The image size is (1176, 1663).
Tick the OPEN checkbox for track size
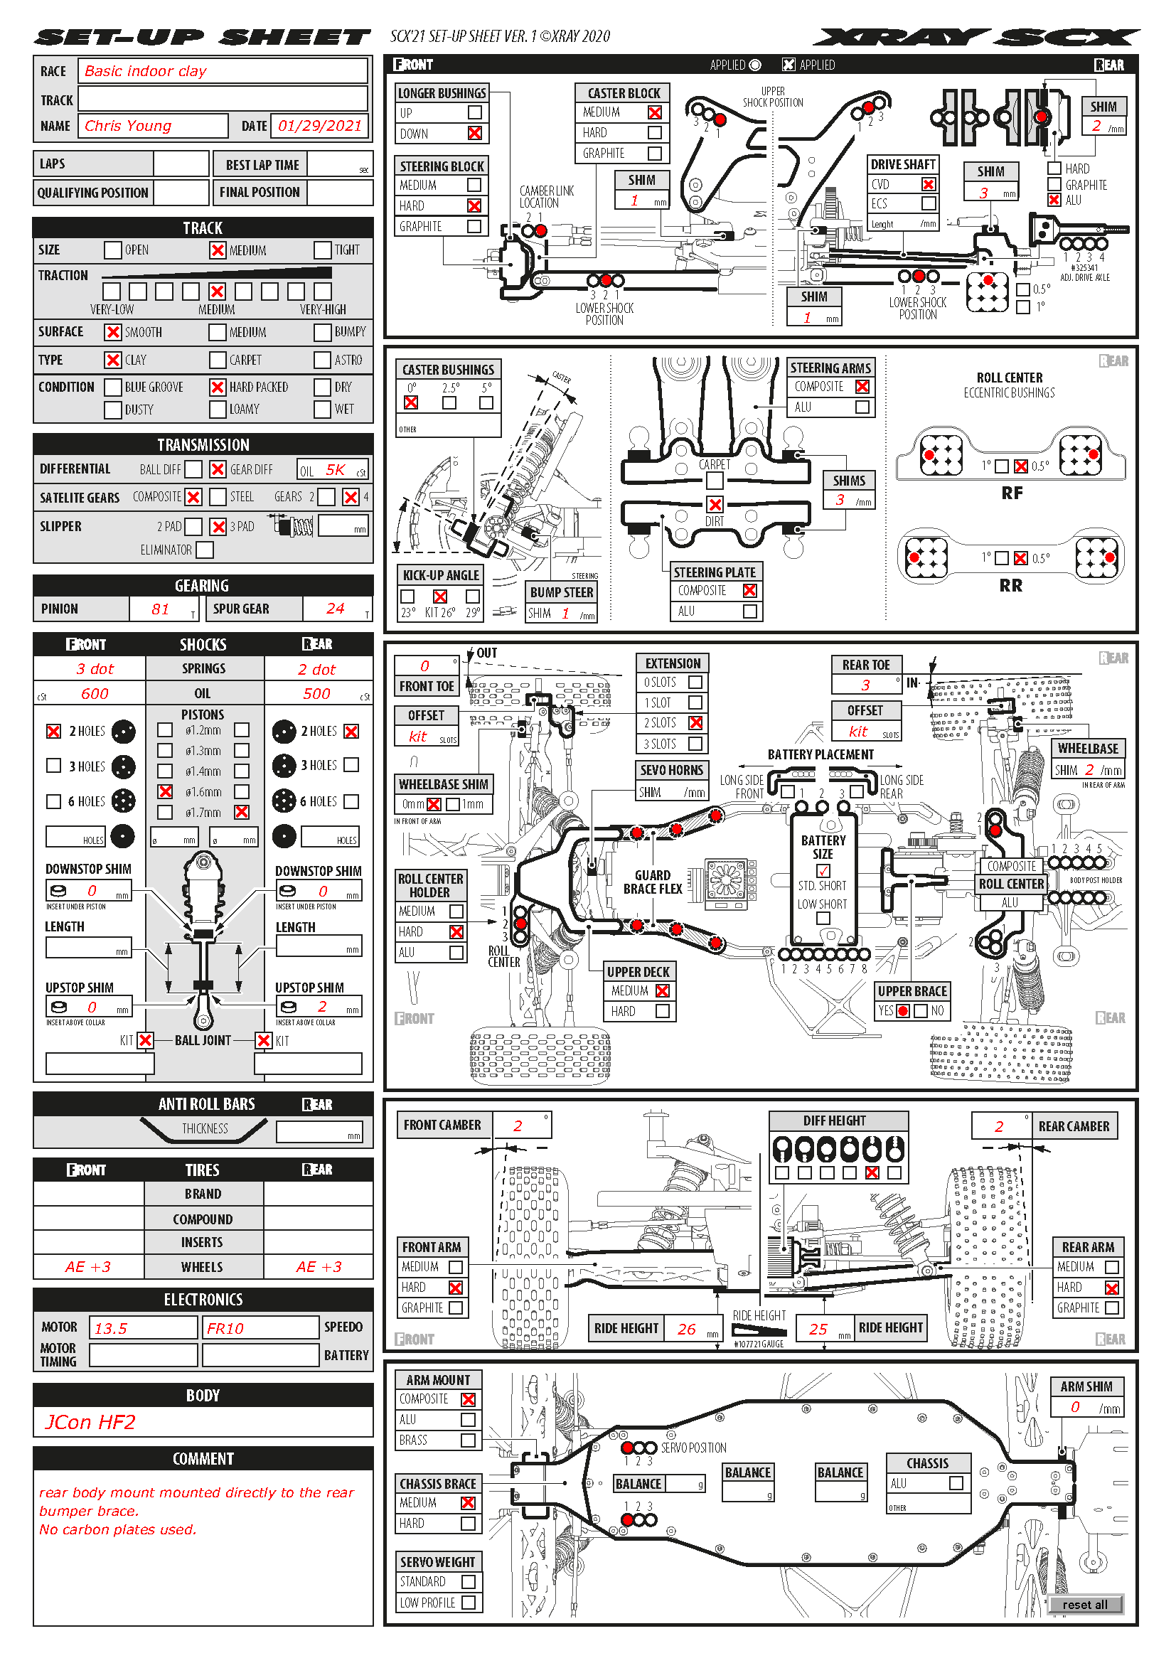(112, 250)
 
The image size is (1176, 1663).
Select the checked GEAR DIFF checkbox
(218, 469)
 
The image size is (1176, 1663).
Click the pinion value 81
(160, 609)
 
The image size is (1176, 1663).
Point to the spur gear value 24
(335, 609)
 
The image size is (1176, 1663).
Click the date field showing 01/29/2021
(319, 126)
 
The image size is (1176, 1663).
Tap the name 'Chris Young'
(128, 126)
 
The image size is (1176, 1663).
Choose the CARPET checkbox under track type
(218, 360)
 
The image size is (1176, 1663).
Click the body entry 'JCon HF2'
(90, 1422)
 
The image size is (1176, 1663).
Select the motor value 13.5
(111, 1328)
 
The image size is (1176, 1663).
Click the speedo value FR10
(225, 1328)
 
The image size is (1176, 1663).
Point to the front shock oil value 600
(95, 694)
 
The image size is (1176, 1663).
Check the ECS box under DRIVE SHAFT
(929, 204)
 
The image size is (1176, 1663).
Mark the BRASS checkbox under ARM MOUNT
(469, 1440)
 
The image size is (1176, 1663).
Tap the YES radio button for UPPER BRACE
(903, 1011)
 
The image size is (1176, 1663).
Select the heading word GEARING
(202, 585)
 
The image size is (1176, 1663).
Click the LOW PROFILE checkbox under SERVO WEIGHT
(469, 1603)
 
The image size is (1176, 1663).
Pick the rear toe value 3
(865, 685)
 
